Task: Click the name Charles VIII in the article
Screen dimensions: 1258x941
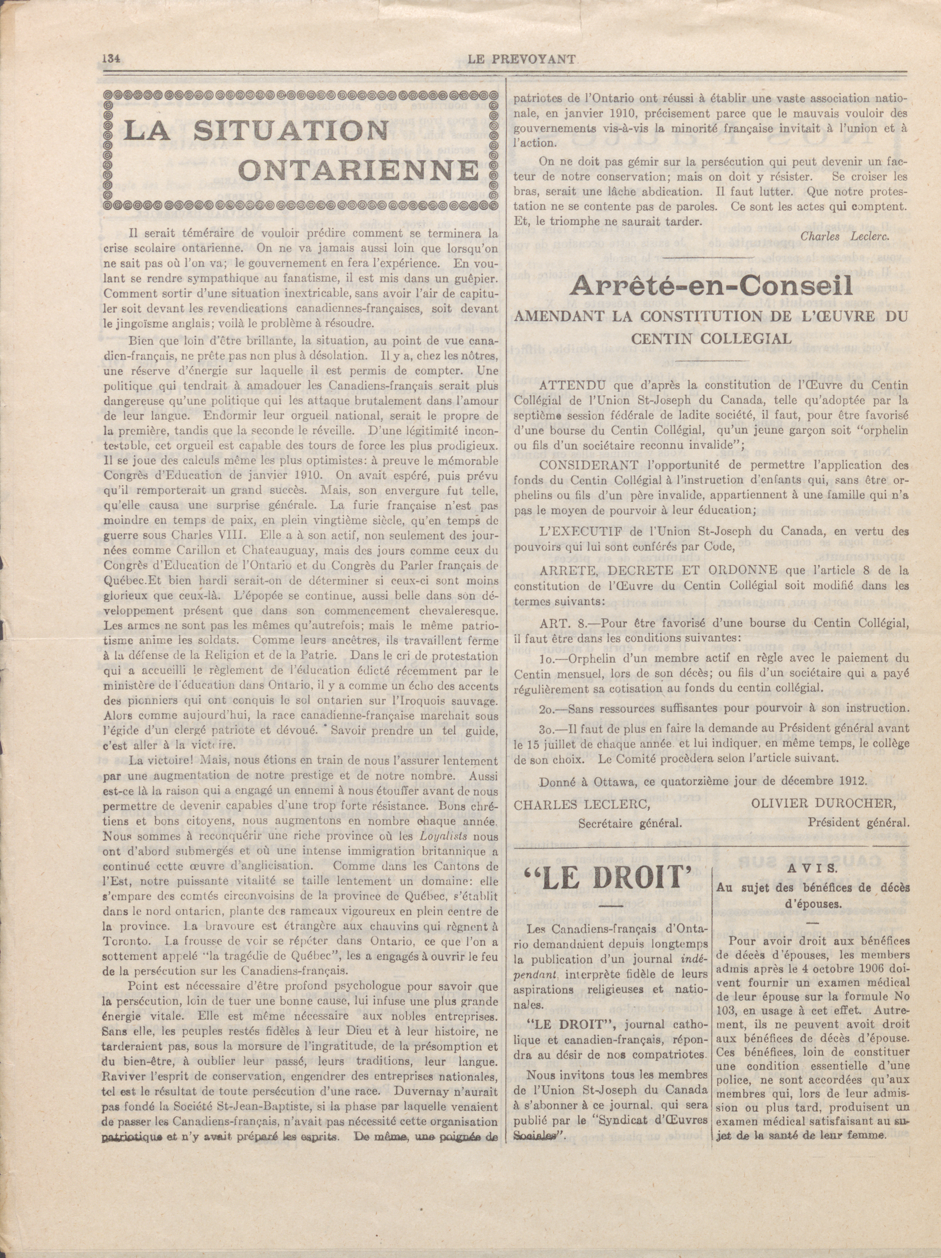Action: (x=214, y=535)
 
